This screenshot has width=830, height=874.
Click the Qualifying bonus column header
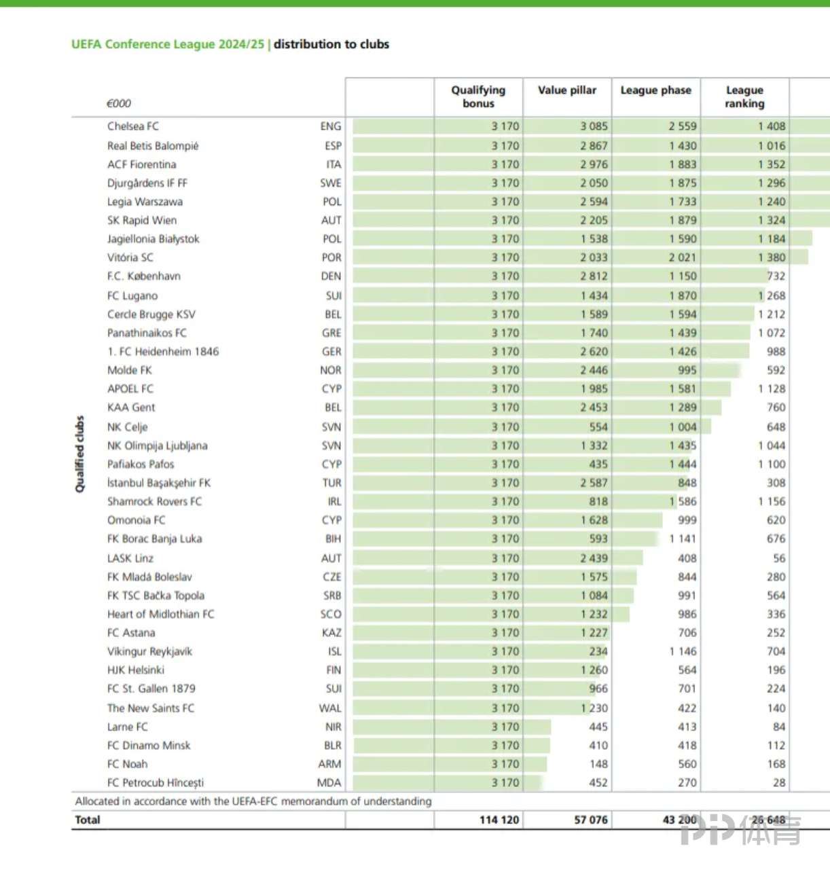click(x=478, y=96)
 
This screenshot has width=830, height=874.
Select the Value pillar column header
click(x=566, y=90)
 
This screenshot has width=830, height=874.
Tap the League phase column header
click(x=655, y=90)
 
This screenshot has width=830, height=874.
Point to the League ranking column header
click(x=744, y=96)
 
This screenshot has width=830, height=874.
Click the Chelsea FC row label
click(x=133, y=126)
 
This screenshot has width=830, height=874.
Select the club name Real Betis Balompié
click(x=153, y=146)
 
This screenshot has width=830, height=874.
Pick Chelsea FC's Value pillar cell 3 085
click(x=594, y=126)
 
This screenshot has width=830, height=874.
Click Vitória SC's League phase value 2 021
click(x=682, y=257)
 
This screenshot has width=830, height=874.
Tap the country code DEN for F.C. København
click(x=331, y=276)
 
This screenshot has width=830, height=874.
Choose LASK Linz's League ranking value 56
click(x=778, y=558)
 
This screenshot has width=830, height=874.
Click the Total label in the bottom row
click(x=88, y=820)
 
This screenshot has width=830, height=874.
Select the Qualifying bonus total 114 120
click(x=499, y=820)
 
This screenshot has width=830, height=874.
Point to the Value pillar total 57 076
click(x=590, y=820)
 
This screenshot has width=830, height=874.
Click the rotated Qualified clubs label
click(x=80, y=454)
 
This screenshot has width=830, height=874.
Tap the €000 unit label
click(x=119, y=103)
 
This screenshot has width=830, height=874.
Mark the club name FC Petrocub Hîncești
click(x=156, y=782)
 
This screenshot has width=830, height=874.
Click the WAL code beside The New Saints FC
click(x=330, y=708)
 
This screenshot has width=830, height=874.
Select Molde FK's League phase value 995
click(x=687, y=370)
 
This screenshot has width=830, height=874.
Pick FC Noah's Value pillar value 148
click(x=598, y=764)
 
